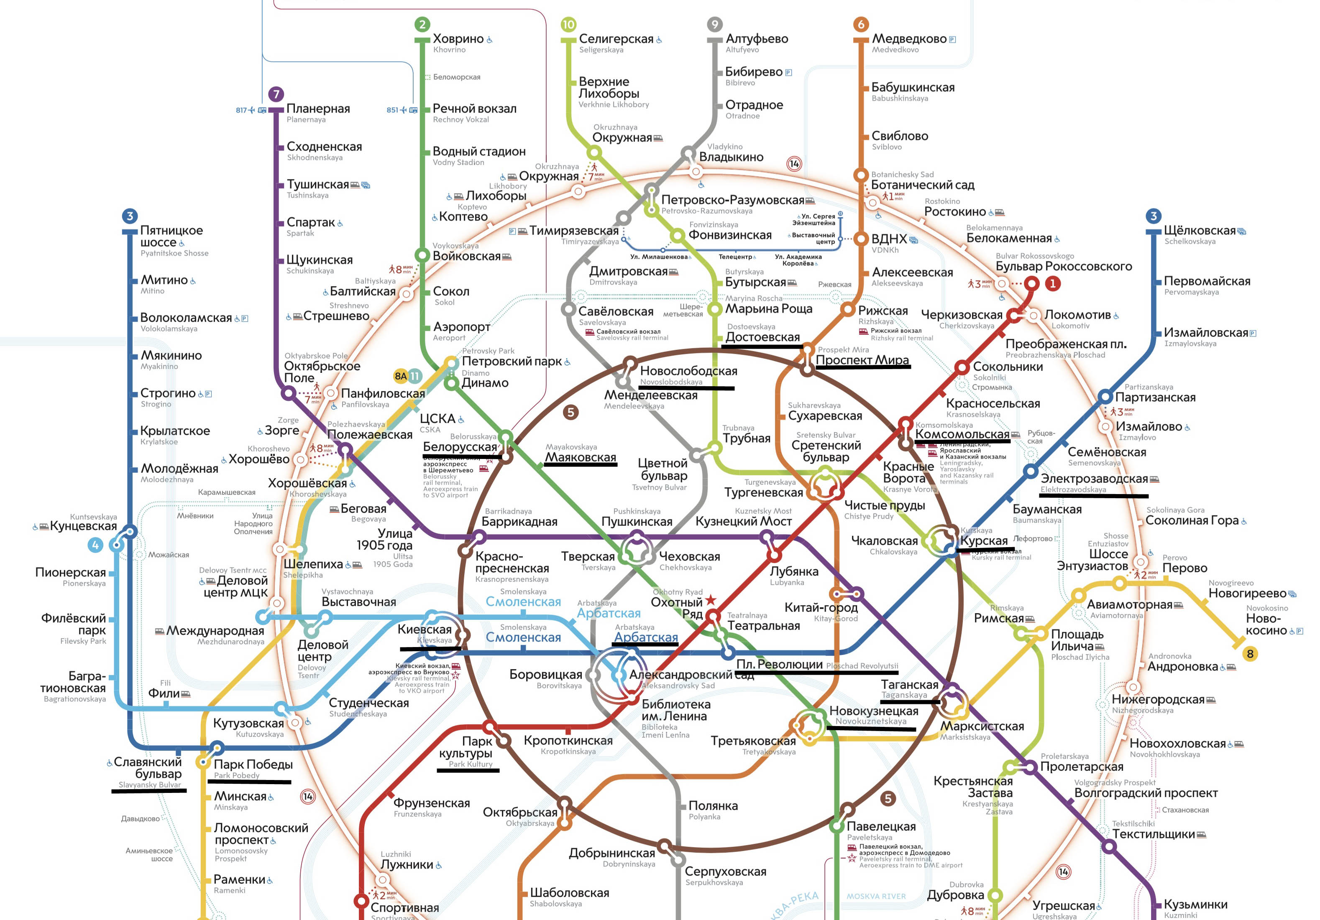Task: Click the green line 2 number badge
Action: pyautogui.click(x=422, y=24)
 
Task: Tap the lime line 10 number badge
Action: pyautogui.click(x=568, y=24)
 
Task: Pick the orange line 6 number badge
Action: pyautogui.click(x=861, y=24)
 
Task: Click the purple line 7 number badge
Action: pyautogui.click(x=276, y=94)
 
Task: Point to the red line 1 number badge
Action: pyautogui.click(x=1053, y=283)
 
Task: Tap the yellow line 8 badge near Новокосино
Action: pyautogui.click(x=1249, y=654)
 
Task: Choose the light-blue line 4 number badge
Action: pyautogui.click(x=95, y=545)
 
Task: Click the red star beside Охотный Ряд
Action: pyautogui.click(x=711, y=600)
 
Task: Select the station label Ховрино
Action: pyautogui.click(x=458, y=39)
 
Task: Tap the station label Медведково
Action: pyautogui.click(x=909, y=39)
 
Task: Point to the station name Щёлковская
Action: pyautogui.click(x=1199, y=230)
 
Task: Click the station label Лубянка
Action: pyautogui.click(x=793, y=572)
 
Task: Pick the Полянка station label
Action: pyautogui.click(x=712, y=805)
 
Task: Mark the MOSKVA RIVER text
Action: pyautogui.click(x=875, y=897)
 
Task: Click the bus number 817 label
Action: pyautogui.click(x=241, y=110)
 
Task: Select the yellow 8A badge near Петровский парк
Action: pyautogui.click(x=401, y=376)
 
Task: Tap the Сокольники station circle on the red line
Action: pyautogui.click(x=962, y=367)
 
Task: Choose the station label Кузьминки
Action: pyautogui.click(x=1195, y=905)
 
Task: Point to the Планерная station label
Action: pyautogui.click(x=318, y=109)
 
